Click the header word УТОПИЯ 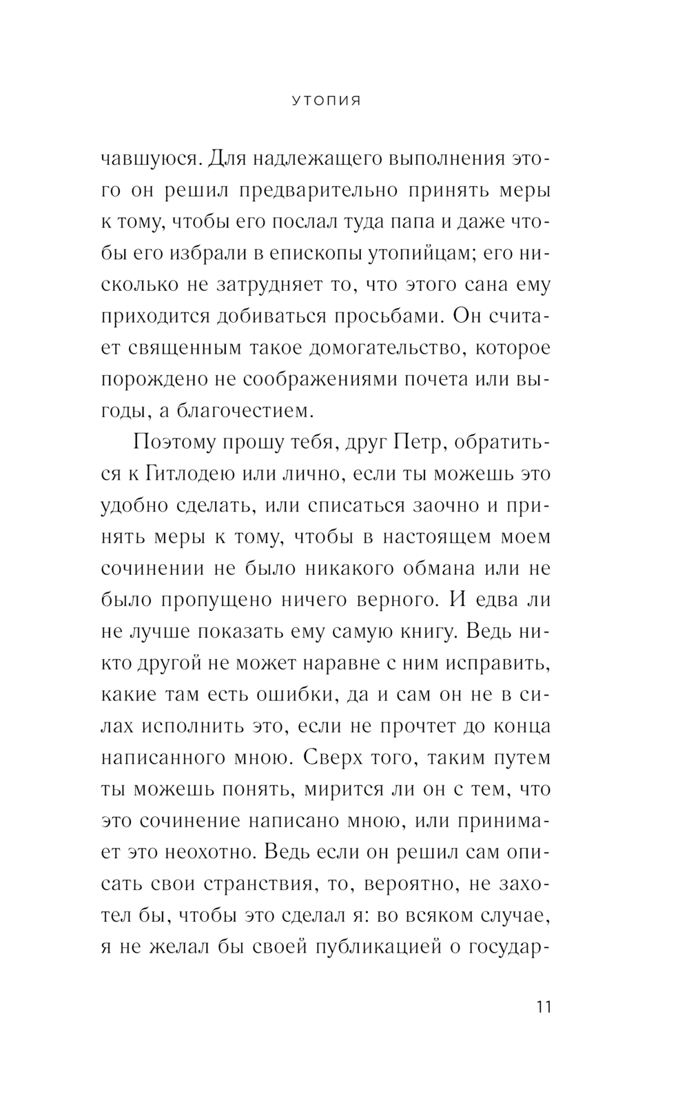[x=326, y=101]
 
